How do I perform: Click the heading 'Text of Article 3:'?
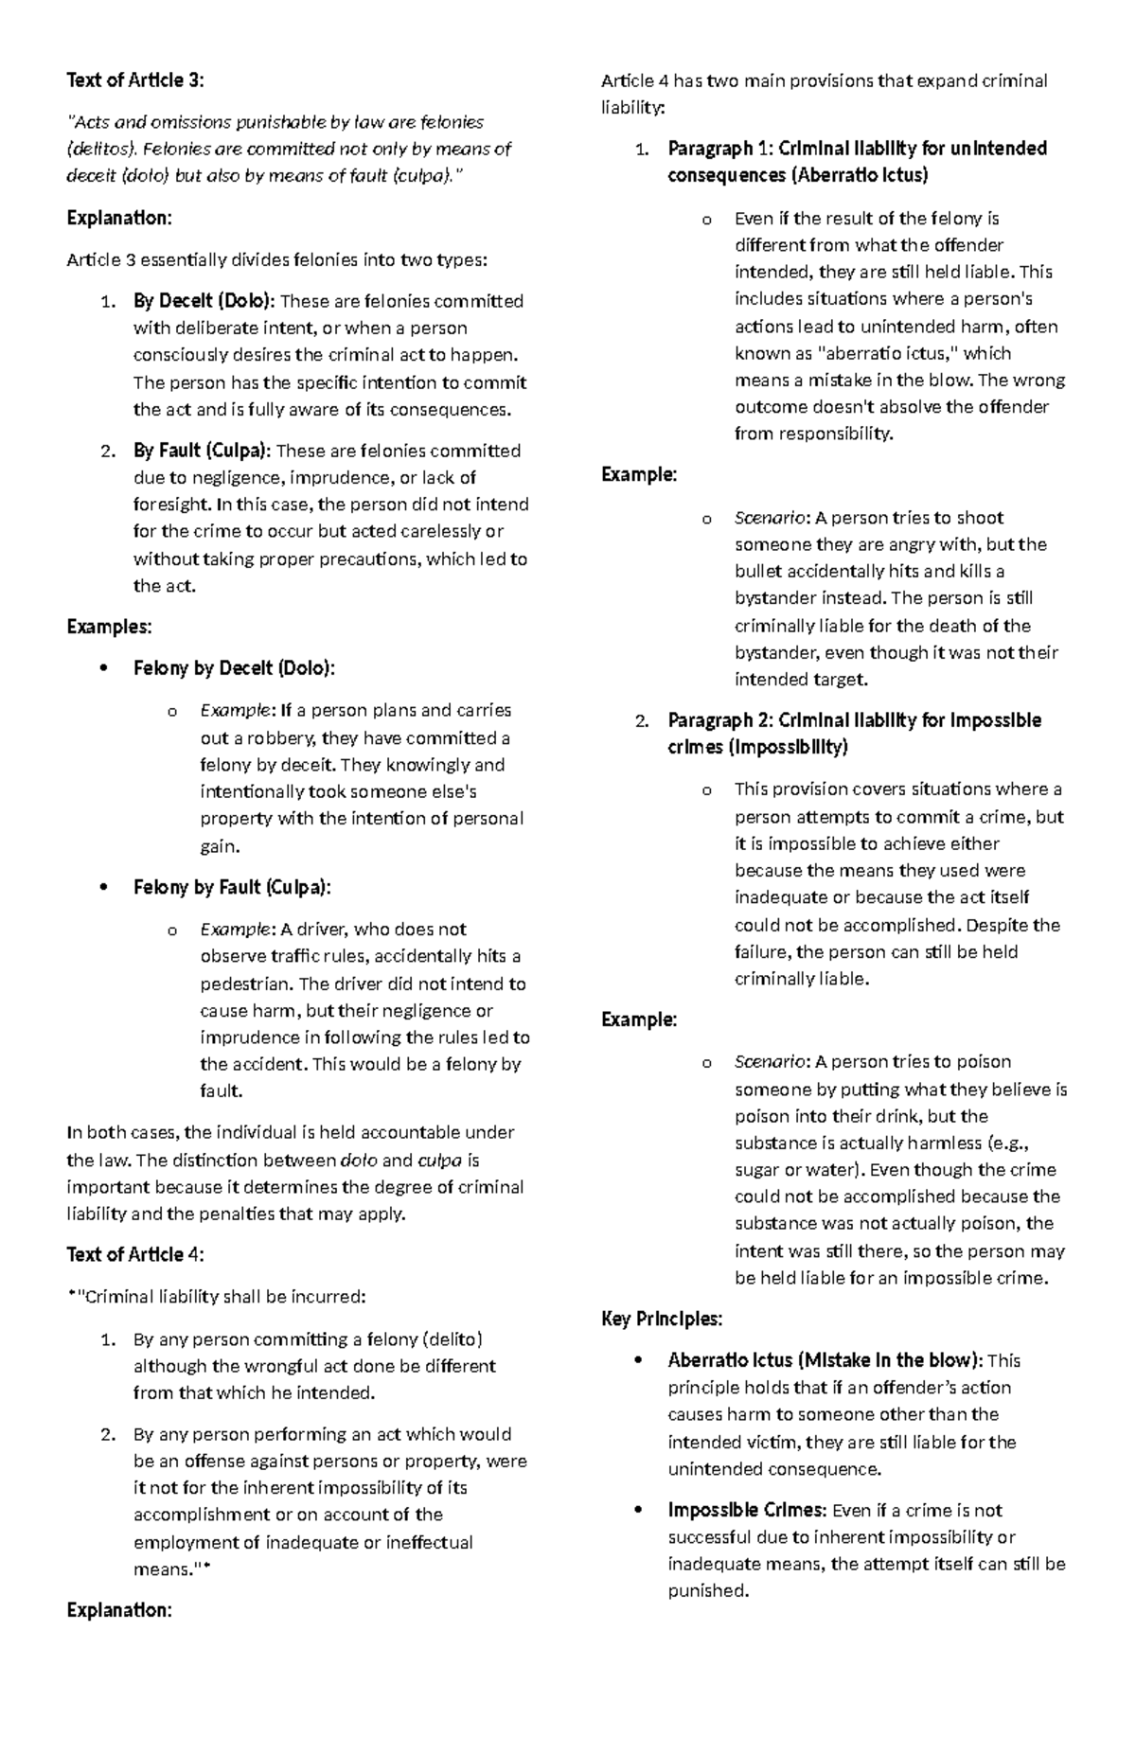pyautogui.click(x=134, y=80)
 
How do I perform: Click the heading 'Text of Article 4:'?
pyautogui.click(x=134, y=1254)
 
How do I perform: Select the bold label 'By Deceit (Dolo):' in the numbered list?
pyautogui.click(x=204, y=301)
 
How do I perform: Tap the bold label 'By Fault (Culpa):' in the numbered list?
pyautogui.click(x=203, y=451)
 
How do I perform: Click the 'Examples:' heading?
pyautogui.click(x=109, y=627)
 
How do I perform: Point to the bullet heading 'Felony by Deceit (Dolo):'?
pyautogui.click(x=234, y=668)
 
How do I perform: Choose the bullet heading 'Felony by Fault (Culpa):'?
pyautogui.click(x=232, y=887)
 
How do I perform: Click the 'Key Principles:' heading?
pyautogui.click(x=662, y=1319)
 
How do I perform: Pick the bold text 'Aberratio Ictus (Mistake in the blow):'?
pyautogui.click(x=825, y=1360)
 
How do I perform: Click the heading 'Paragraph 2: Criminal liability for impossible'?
pyautogui.click(x=854, y=720)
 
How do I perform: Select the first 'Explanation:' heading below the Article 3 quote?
pyautogui.click(x=119, y=218)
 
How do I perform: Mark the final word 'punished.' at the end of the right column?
pyautogui.click(x=708, y=1590)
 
